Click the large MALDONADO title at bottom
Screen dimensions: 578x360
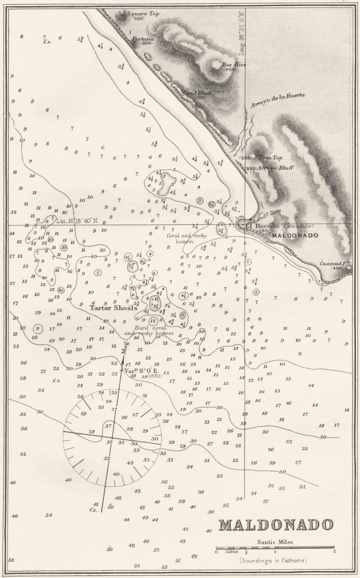[x=276, y=525]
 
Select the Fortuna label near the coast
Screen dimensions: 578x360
[x=143, y=39]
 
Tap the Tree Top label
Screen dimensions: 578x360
[x=270, y=158]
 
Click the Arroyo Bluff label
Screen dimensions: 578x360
[x=274, y=168]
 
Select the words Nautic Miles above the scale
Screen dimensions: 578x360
[x=275, y=542]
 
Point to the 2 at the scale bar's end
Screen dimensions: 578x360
[x=334, y=552]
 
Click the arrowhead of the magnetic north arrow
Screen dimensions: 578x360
[x=123, y=360]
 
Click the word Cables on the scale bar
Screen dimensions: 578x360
[x=231, y=552]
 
